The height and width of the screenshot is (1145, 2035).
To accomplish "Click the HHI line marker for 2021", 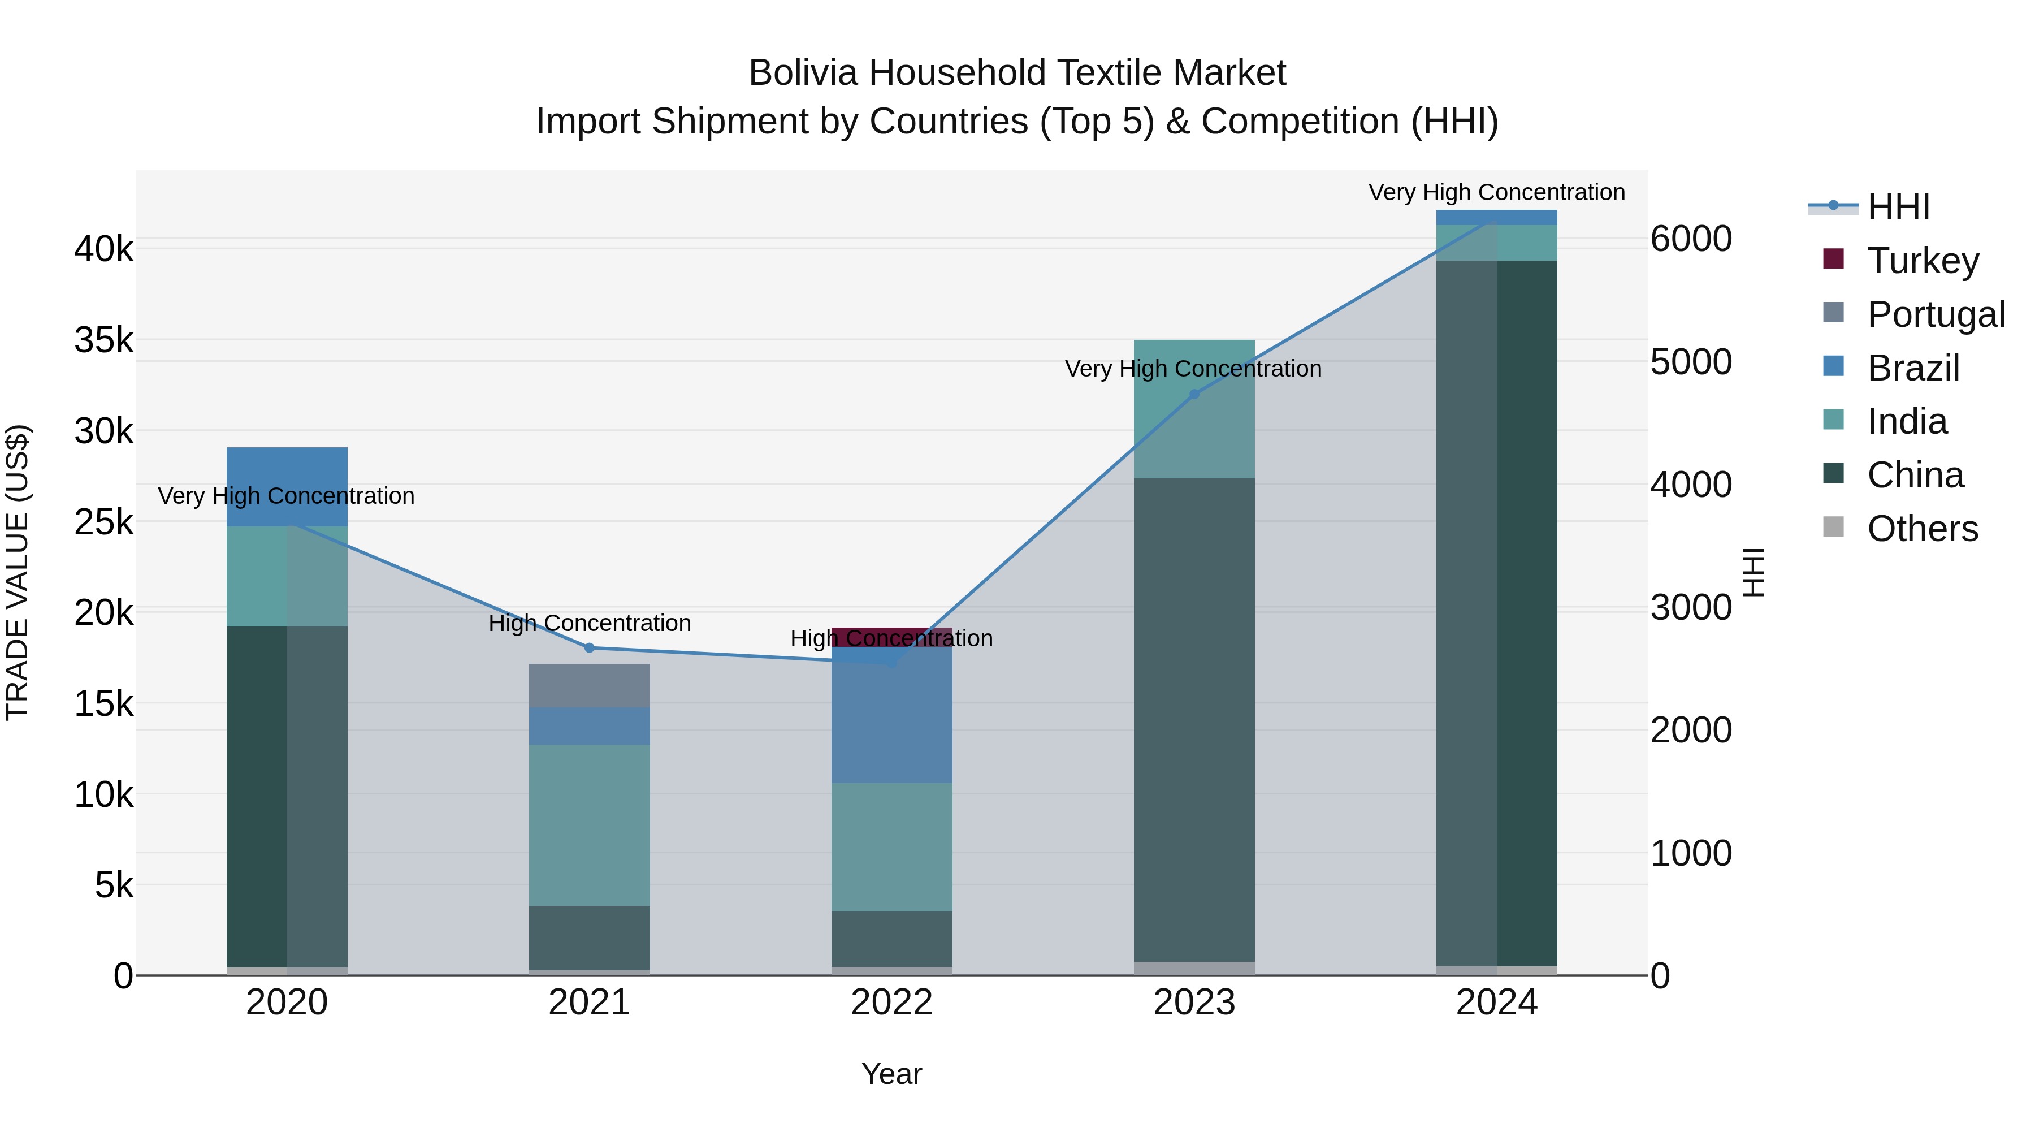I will coord(590,648).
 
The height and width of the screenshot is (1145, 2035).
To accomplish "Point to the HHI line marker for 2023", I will coord(1194,394).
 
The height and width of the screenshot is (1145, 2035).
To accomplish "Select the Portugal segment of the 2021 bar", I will coord(590,685).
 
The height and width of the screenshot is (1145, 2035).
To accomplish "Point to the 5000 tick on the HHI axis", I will coord(1691,362).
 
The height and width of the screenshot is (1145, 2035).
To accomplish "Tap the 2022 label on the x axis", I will coord(892,1003).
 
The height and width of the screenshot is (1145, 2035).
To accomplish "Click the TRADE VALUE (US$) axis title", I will coord(18,572).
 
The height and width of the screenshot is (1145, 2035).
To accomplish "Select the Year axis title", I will coord(892,1074).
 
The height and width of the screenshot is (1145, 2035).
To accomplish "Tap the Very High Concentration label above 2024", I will coord(1496,192).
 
